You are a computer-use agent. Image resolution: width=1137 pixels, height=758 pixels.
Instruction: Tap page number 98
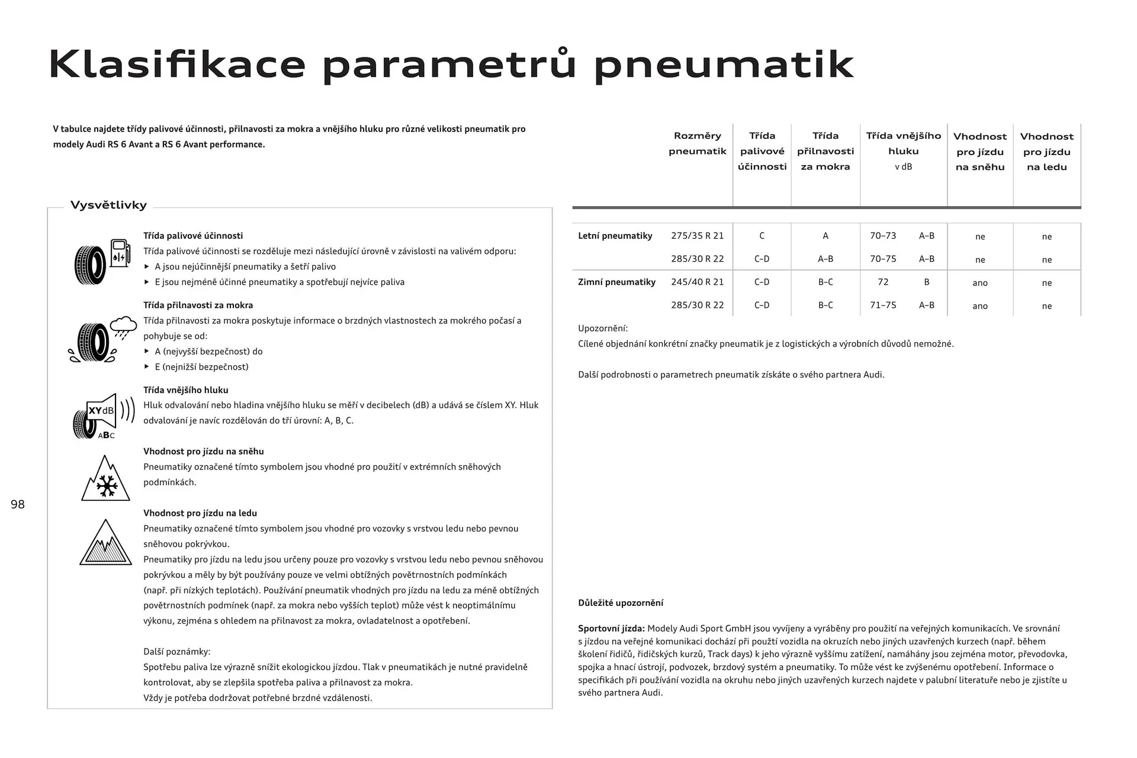[18, 505]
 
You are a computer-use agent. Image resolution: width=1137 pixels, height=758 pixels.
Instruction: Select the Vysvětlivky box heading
[108, 205]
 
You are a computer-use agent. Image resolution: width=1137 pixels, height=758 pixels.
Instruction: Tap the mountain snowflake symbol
[105, 479]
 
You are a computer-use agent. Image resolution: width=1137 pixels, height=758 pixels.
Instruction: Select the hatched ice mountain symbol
[106, 543]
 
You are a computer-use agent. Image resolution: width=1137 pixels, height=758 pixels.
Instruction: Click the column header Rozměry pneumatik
[697, 143]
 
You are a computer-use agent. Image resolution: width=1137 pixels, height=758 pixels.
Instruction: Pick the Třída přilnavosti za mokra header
[825, 151]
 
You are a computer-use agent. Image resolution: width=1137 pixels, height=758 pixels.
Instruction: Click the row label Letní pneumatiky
[615, 236]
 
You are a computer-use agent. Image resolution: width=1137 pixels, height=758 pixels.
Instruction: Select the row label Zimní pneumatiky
[616, 282]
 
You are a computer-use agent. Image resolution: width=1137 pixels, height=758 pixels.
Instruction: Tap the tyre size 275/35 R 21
[697, 236]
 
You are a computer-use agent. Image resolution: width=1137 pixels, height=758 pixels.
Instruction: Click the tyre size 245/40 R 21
[697, 282]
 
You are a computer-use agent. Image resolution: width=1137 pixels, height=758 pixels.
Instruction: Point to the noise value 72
[883, 282]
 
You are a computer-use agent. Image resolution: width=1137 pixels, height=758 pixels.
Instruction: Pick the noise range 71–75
[883, 305]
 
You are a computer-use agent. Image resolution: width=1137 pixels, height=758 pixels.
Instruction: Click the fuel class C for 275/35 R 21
[762, 236]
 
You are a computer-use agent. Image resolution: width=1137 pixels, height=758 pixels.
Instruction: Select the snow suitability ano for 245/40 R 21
[979, 282]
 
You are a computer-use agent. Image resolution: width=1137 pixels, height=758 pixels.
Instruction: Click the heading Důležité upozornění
[621, 603]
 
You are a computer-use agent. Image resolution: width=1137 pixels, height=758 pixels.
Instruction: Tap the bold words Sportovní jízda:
[611, 628]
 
